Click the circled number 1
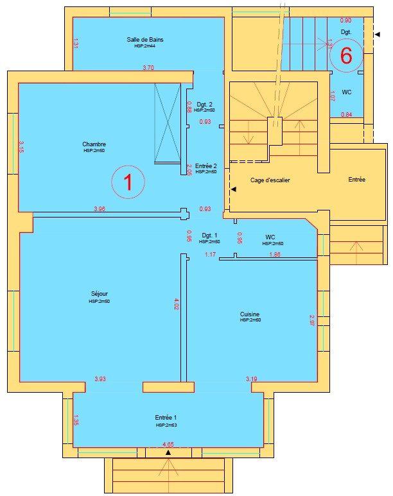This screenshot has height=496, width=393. click(x=127, y=182)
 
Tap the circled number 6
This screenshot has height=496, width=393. click(x=345, y=56)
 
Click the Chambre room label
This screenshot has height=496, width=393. click(x=94, y=144)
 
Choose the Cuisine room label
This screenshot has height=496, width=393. click(x=250, y=314)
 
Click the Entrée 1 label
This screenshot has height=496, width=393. click(x=165, y=417)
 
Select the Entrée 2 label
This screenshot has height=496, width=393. click(x=206, y=166)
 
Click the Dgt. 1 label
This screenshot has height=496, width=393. click(x=209, y=235)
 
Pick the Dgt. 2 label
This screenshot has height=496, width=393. click(x=205, y=104)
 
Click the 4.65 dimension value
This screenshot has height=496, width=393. click(x=168, y=443)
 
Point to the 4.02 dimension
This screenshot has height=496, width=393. click(x=176, y=304)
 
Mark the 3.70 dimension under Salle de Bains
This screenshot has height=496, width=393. click(x=148, y=67)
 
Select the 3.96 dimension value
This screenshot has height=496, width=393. click(x=100, y=209)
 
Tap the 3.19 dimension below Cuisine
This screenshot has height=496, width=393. click(x=251, y=379)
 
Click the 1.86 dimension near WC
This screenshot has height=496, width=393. click(x=275, y=255)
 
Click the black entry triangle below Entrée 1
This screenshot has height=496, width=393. click(x=168, y=452)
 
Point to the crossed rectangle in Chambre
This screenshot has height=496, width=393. click(x=168, y=122)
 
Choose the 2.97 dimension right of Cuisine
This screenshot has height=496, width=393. click(x=312, y=320)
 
